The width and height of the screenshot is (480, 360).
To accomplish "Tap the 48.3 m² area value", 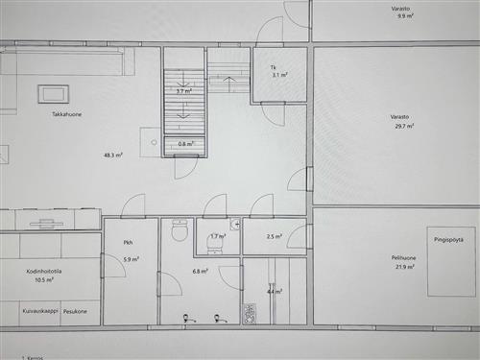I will (114, 155).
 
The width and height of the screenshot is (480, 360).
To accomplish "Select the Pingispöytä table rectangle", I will (450, 259).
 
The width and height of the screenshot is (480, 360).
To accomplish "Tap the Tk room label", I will (274, 66).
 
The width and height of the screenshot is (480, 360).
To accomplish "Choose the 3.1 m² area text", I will (279, 75).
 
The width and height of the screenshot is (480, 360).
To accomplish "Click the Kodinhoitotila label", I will (44, 272).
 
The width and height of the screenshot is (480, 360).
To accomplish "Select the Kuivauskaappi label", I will (38, 311).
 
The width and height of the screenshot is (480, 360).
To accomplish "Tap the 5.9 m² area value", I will (131, 259).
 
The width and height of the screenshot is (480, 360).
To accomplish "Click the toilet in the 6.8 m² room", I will (178, 231).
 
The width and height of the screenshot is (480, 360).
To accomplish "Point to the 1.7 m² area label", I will (218, 236).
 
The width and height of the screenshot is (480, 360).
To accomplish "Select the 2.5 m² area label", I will (274, 236).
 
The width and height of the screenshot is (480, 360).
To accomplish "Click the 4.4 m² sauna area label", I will (274, 291).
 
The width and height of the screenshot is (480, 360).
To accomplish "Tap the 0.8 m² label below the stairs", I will (186, 144).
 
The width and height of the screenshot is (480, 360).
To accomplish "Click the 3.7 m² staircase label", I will (183, 92).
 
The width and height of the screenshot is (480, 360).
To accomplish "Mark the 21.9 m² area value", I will (404, 267).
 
